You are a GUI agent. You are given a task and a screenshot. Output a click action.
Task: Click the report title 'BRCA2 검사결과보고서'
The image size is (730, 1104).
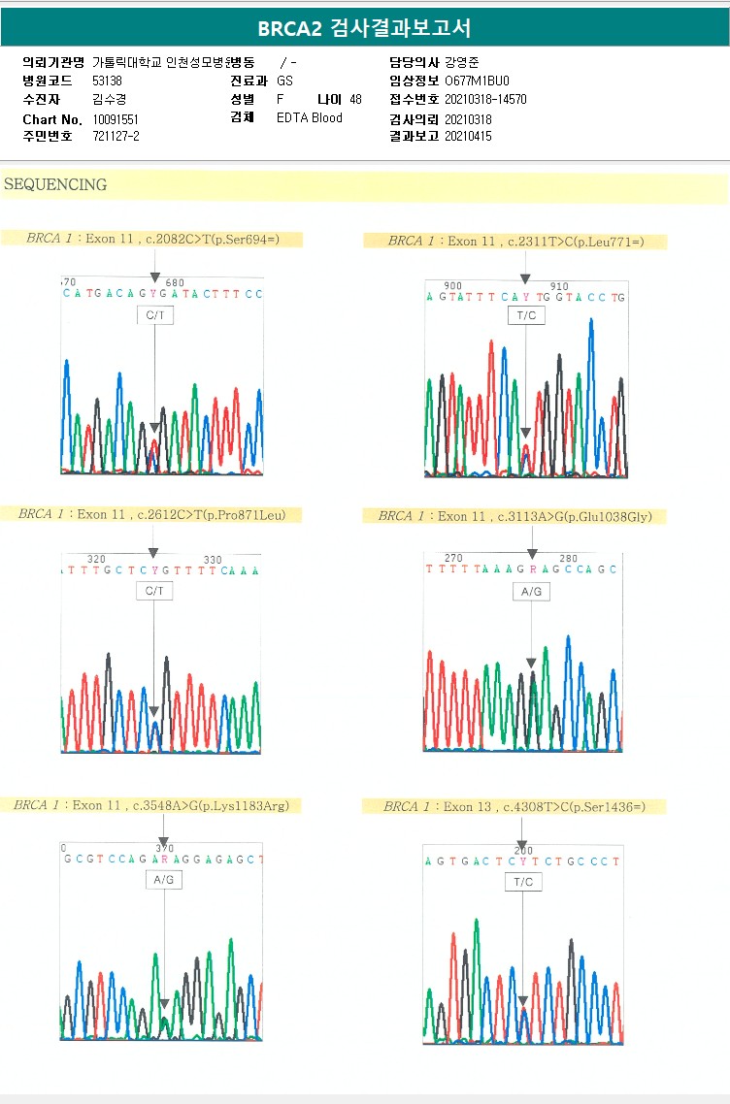tap(364, 28)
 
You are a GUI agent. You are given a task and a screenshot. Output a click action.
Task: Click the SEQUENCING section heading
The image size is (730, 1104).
tap(55, 184)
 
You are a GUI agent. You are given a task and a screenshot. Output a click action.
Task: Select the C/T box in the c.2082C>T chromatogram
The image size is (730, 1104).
tap(155, 315)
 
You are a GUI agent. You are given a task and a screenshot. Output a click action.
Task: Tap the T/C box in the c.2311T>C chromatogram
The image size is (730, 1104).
tap(525, 316)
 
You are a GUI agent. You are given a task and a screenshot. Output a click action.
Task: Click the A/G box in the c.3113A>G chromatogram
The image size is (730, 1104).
tap(531, 591)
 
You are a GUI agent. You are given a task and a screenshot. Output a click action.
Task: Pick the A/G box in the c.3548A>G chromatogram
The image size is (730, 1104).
tap(164, 880)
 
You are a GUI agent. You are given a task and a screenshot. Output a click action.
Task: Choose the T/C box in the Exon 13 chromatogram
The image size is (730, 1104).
tap(523, 882)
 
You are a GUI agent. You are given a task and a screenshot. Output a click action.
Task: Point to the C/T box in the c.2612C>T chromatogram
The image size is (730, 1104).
tap(154, 590)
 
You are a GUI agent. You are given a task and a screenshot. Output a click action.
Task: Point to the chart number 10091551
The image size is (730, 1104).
tap(116, 118)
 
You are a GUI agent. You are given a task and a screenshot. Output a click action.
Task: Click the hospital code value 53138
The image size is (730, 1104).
tap(107, 81)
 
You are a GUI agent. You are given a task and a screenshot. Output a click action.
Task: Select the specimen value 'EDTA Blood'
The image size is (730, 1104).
tap(310, 118)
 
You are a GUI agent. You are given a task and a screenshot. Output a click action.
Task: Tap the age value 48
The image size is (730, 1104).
tap(355, 100)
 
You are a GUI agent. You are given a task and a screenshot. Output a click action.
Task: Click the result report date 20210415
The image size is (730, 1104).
tap(468, 137)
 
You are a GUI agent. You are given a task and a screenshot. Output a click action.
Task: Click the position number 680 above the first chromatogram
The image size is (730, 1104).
tap(175, 283)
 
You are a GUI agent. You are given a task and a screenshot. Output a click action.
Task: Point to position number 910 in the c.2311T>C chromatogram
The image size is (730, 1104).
tap(559, 286)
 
